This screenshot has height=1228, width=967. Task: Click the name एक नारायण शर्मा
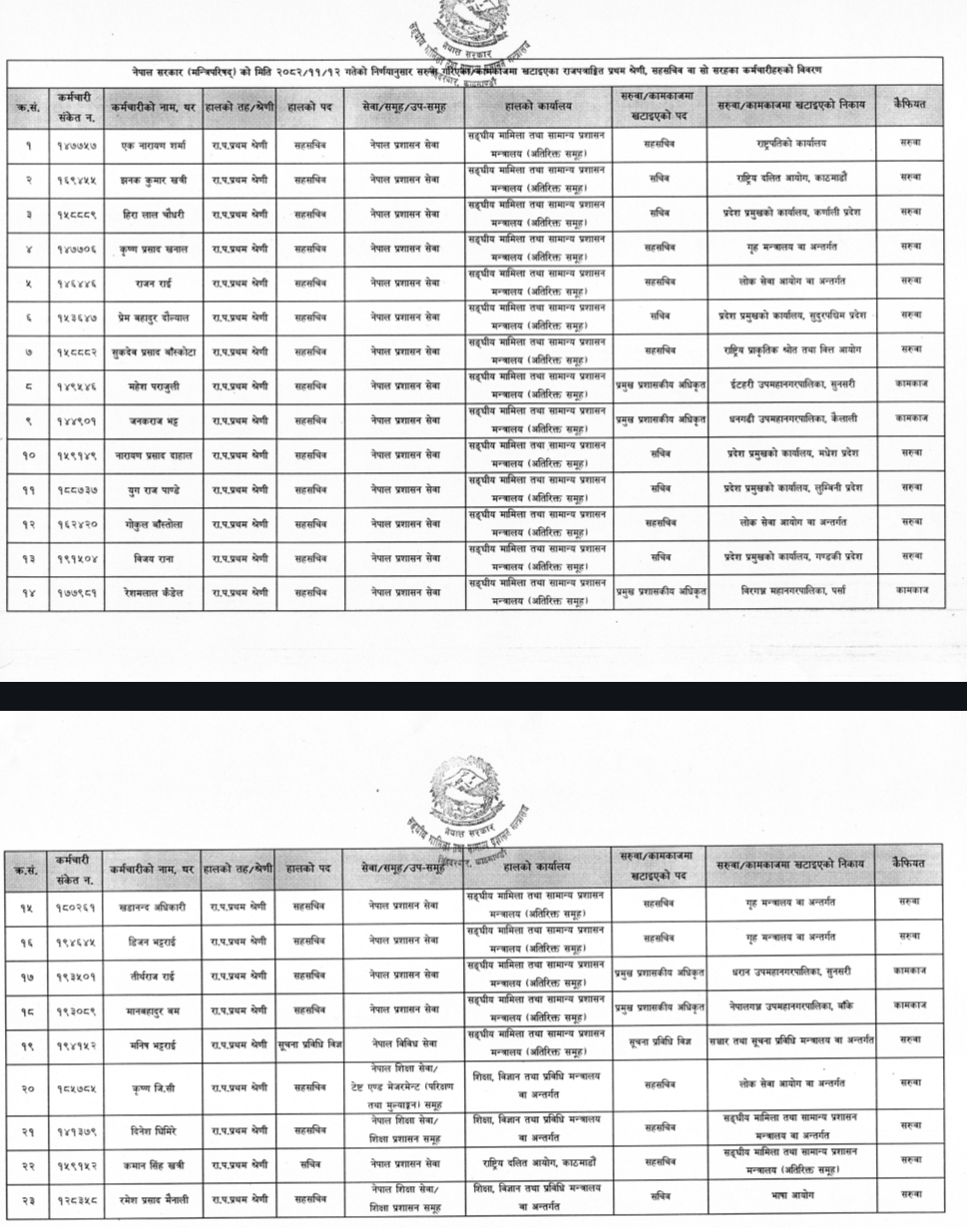153,143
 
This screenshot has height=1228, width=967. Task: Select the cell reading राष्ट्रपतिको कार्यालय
790,143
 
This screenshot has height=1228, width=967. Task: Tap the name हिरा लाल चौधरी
153,212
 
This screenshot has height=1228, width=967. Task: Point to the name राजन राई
153,283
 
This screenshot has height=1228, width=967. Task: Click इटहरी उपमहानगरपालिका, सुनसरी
790,384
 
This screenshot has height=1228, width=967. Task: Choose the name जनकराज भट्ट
153,419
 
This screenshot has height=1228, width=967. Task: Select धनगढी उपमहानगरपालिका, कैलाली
790,418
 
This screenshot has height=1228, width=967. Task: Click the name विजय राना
153,557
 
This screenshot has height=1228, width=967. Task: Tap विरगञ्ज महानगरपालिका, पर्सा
790,591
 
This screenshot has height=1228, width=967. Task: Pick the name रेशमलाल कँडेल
153,592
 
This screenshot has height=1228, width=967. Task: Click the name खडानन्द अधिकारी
153,906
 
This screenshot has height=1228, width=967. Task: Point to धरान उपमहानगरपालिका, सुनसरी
790,973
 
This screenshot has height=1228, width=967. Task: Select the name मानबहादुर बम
153,1009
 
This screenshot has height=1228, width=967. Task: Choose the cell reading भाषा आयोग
790,1194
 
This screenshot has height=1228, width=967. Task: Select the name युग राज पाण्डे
153,488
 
